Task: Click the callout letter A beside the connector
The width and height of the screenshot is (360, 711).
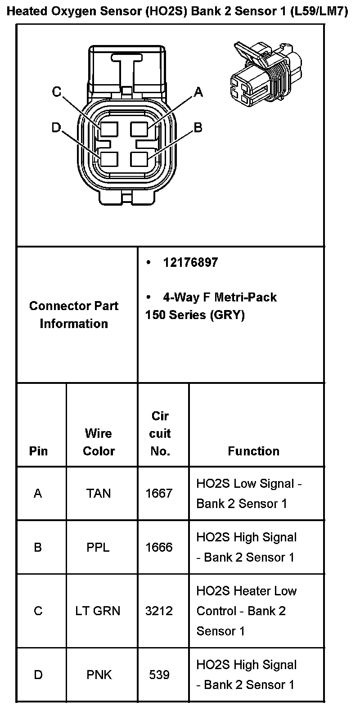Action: (x=198, y=93)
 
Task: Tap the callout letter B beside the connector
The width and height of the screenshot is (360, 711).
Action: (x=198, y=128)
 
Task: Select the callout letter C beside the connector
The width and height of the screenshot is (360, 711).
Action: (x=56, y=92)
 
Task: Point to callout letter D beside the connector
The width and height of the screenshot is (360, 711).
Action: (x=56, y=128)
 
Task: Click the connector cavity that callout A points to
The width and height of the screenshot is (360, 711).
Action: (x=139, y=129)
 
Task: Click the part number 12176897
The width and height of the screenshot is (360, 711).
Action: (x=190, y=263)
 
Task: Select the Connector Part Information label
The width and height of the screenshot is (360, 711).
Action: (x=74, y=315)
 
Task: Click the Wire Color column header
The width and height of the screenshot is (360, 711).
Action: (x=99, y=442)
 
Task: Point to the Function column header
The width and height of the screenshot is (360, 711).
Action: (x=253, y=451)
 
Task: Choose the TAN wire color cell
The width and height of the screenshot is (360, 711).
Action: (x=99, y=494)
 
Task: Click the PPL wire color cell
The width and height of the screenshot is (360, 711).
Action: (x=98, y=547)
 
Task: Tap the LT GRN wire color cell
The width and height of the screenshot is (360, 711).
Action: (x=98, y=611)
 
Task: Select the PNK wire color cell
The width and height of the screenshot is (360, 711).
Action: (x=99, y=675)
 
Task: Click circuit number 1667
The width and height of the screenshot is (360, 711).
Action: (x=159, y=494)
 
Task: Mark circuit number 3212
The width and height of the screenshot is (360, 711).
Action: (x=159, y=611)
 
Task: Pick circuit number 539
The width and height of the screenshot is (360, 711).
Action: (x=159, y=675)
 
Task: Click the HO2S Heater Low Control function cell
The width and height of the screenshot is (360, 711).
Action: (x=246, y=611)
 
